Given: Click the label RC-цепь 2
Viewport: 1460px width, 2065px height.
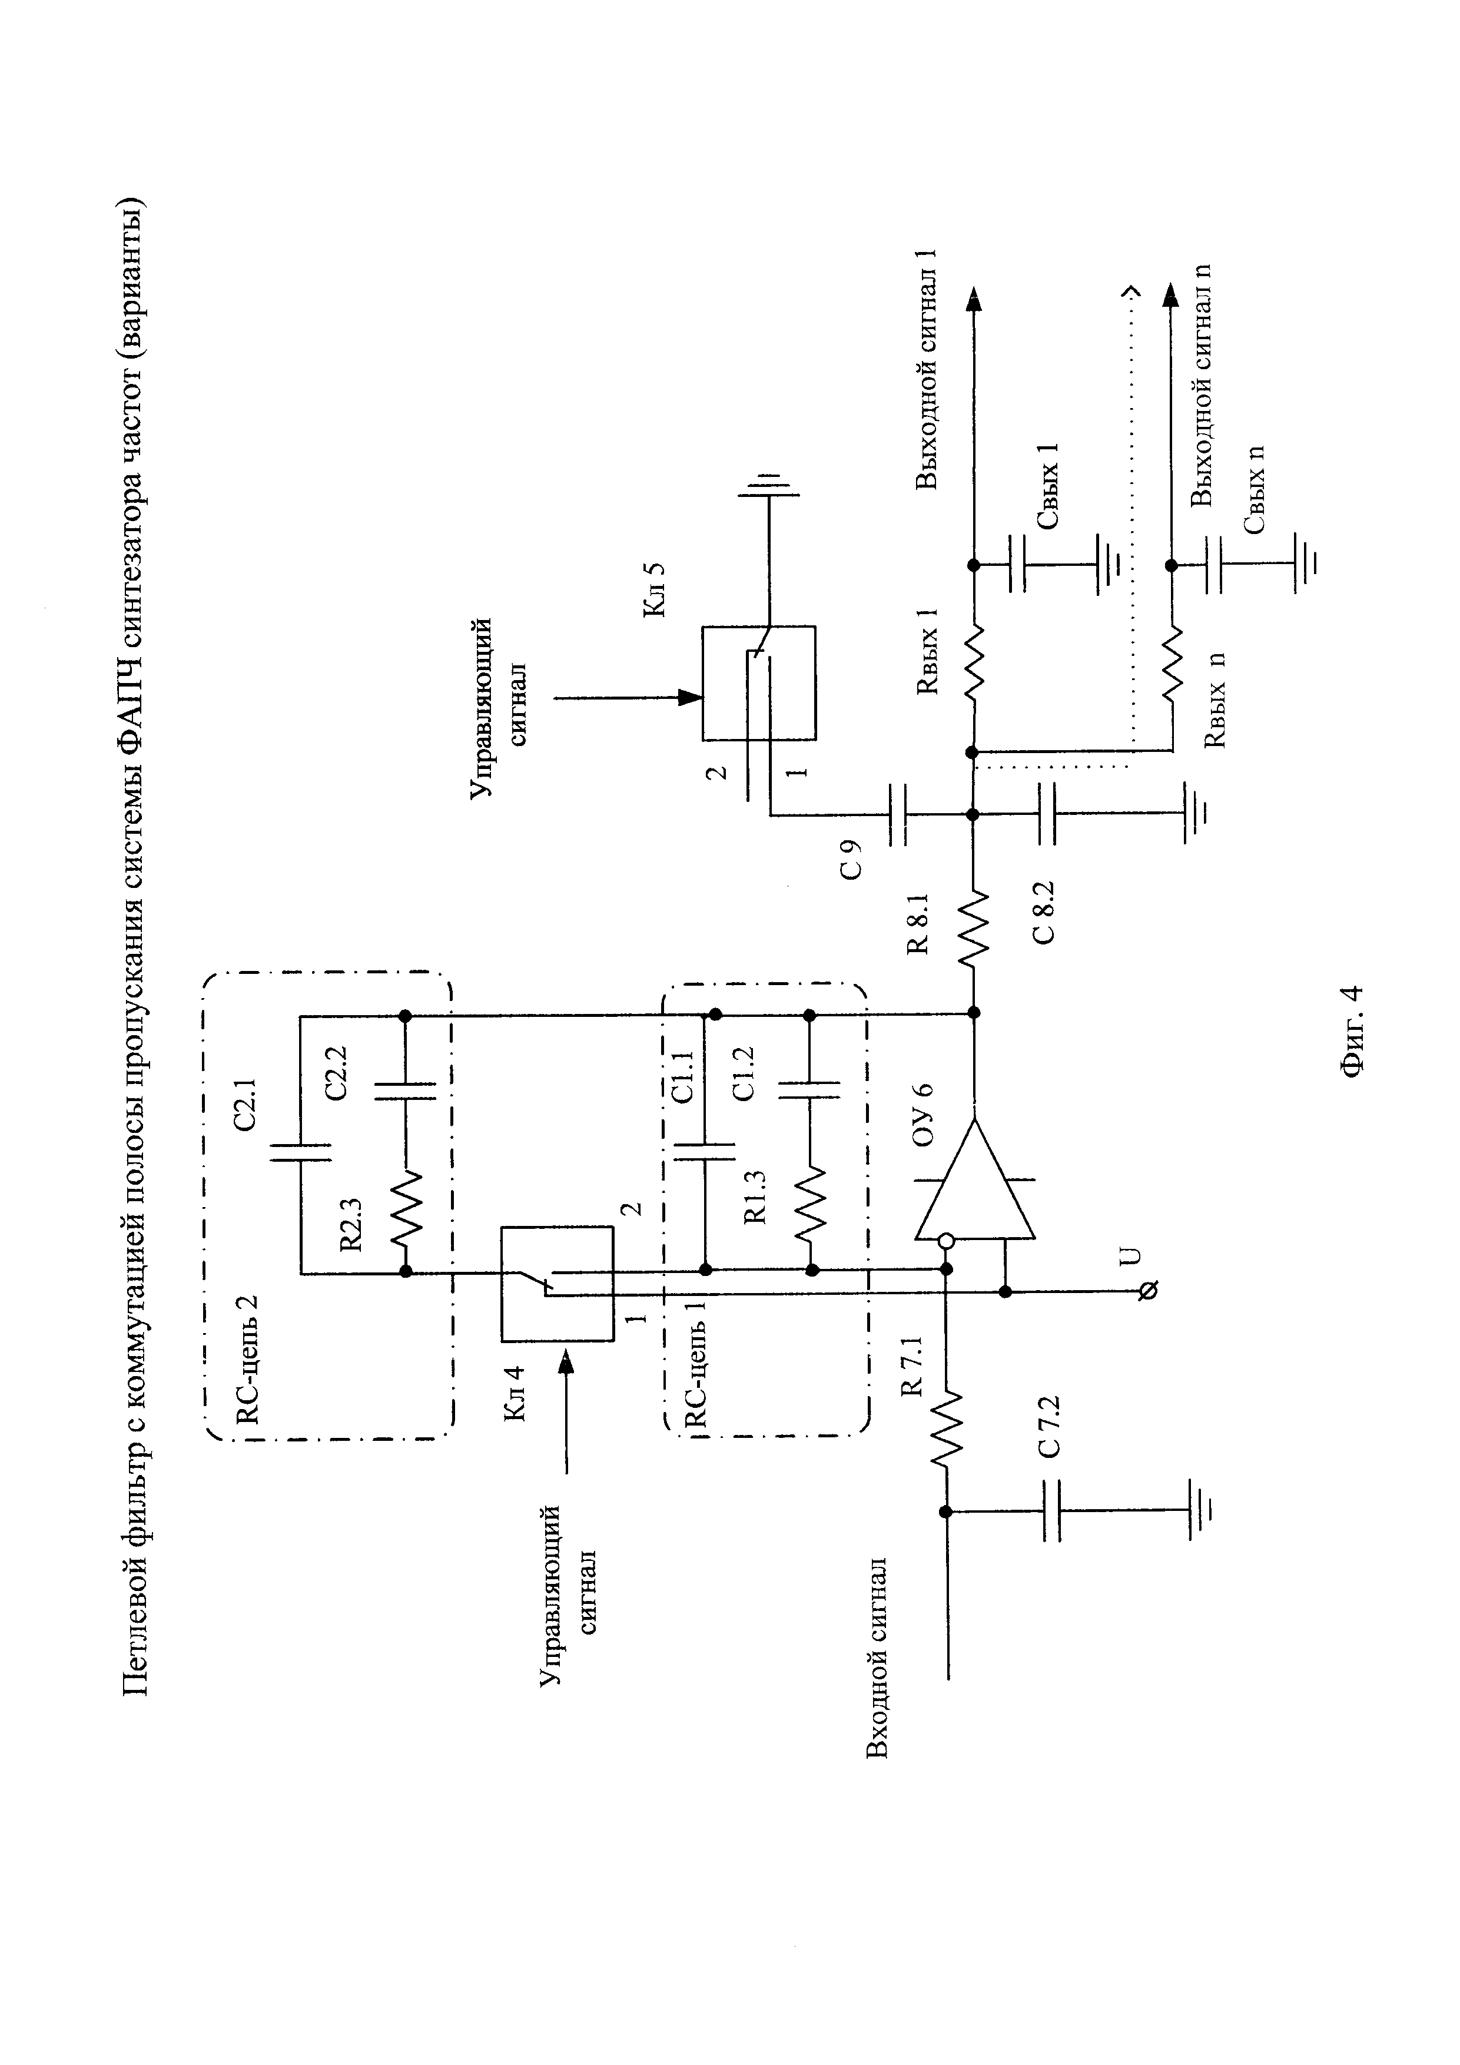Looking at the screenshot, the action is [x=246, y=1359].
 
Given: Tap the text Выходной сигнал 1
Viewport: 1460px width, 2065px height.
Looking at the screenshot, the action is [x=927, y=369].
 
